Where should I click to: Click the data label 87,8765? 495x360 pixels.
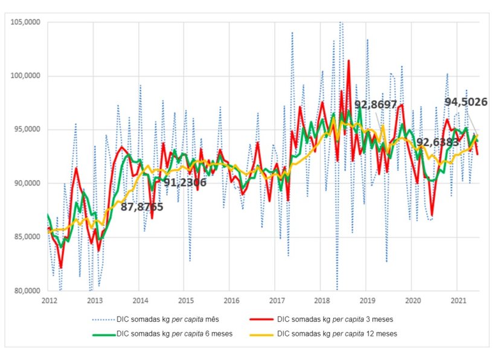coord(142,207)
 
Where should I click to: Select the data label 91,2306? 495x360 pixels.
coord(185,182)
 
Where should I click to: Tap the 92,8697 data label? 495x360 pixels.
coord(375,105)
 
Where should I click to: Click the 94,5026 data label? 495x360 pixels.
coord(466,102)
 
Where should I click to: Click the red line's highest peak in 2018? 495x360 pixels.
coord(348,60)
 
